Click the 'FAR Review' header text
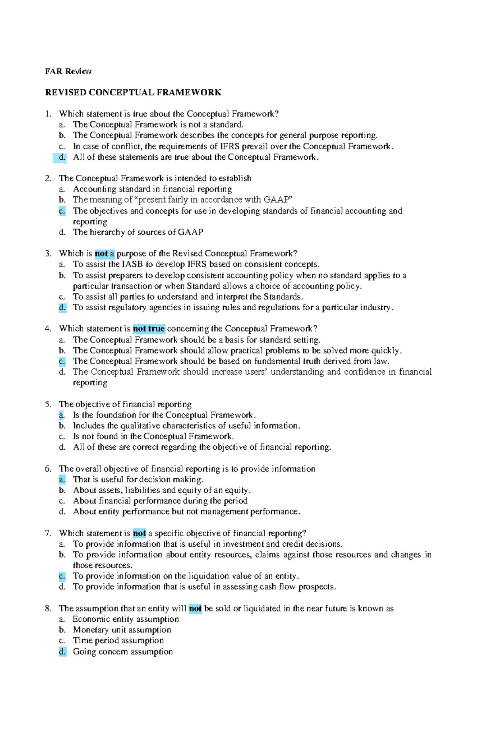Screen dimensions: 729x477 pyautogui.click(x=68, y=72)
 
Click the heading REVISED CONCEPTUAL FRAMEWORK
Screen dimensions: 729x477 pyautogui.click(x=133, y=93)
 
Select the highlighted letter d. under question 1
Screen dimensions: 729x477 pyautogui.click(x=62, y=157)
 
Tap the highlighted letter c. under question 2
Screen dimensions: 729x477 pyautogui.click(x=62, y=211)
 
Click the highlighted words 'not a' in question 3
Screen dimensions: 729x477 pyautogui.click(x=105, y=254)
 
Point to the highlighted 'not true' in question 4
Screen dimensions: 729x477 pyautogui.click(x=149, y=329)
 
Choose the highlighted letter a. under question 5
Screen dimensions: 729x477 pyautogui.click(x=62, y=415)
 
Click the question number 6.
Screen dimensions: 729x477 pyautogui.click(x=48, y=469)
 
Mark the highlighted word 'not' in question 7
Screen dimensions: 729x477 pyautogui.click(x=139, y=534)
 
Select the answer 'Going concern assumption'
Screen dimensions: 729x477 pyautogui.click(x=122, y=652)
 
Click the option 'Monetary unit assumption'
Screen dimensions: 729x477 pyautogui.click(x=122, y=630)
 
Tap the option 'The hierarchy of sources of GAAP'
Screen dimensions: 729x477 pyautogui.click(x=138, y=232)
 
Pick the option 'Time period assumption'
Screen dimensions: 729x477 pyautogui.click(x=118, y=641)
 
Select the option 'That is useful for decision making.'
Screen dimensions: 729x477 pyautogui.click(x=138, y=480)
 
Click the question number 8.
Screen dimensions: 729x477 pyautogui.click(x=48, y=609)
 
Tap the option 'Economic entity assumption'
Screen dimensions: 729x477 pyautogui.click(x=126, y=619)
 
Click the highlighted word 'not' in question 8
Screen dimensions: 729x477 pyautogui.click(x=195, y=609)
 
